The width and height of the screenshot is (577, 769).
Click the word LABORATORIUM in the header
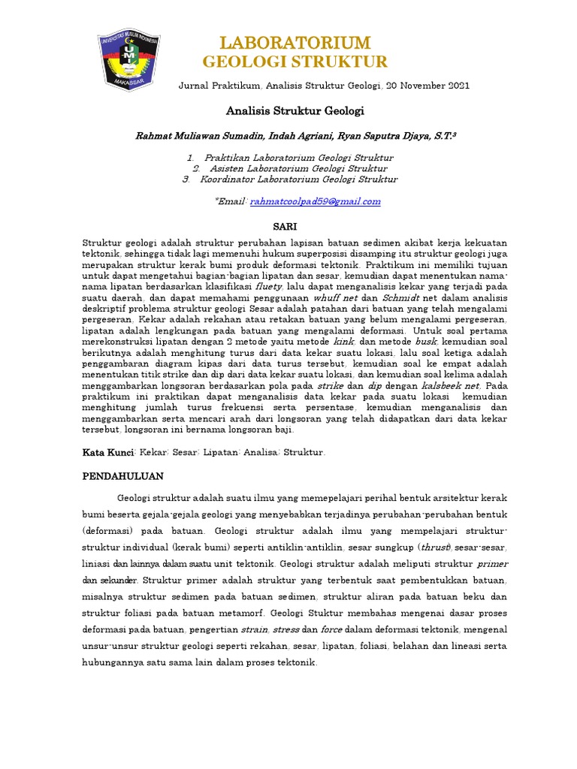(295, 42)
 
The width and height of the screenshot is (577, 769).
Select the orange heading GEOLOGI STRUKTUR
(295, 62)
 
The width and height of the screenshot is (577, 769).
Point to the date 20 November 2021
(427, 86)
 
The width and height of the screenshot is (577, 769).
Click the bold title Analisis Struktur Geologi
(295, 110)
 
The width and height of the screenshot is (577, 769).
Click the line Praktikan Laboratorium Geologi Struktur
(298, 158)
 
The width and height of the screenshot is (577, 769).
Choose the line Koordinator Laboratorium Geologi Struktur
(298, 179)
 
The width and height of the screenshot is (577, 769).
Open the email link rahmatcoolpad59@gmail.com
(316, 201)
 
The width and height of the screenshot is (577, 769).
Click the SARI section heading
(284, 226)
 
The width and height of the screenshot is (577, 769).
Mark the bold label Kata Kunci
(107, 453)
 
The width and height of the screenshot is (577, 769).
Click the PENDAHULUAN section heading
(127, 476)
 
